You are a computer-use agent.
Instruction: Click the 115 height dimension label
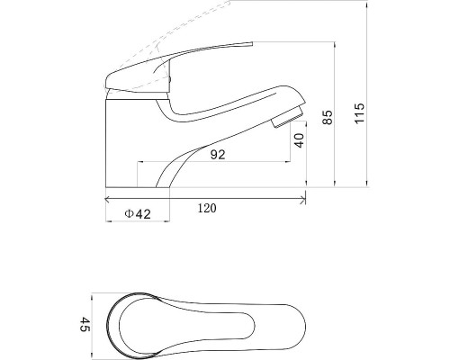point(360,113)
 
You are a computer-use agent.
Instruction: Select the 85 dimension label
point(328,117)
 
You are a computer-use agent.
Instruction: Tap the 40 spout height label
point(299,140)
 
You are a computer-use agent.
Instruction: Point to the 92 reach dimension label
point(218,155)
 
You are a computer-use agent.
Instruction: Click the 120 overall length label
point(207,208)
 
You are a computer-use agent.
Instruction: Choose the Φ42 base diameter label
point(138,214)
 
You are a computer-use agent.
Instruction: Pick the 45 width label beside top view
point(85,324)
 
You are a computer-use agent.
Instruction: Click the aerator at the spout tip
point(287,117)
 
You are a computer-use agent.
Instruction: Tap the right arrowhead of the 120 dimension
point(303,199)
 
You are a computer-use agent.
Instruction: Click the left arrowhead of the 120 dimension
point(107,199)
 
